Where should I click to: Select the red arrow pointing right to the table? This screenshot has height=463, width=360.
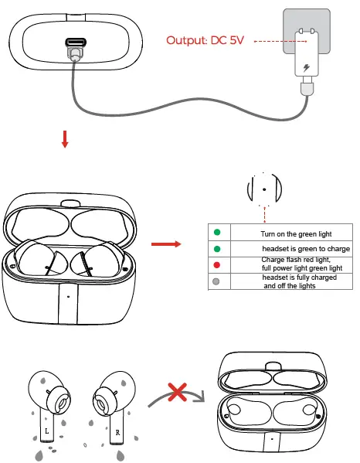point(165,245)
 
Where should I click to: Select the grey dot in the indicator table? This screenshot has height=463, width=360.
point(217,281)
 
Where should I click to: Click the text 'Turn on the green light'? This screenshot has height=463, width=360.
point(297,233)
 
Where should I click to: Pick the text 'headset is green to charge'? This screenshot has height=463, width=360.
point(306,249)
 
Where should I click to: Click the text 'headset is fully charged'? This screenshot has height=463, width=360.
point(299,277)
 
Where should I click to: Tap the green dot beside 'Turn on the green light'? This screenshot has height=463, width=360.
point(217,233)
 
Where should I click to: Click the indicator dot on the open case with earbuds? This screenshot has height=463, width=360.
point(69,297)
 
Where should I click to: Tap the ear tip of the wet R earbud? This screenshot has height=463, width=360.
point(99,402)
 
